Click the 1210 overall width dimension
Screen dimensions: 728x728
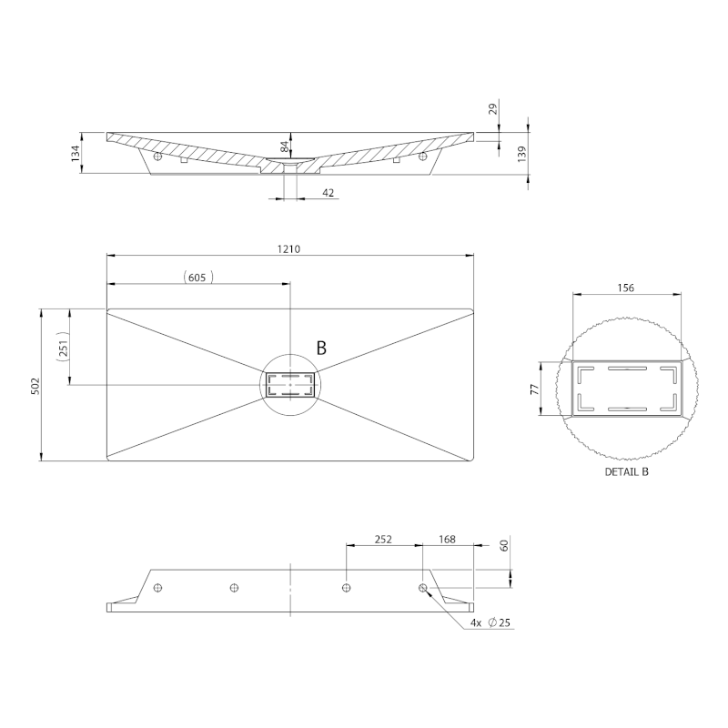click(x=288, y=248)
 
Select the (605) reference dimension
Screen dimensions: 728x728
click(x=197, y=278)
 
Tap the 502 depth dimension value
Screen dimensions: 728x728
click(x=35, y=386)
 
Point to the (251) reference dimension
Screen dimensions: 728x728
click(x=63, y=347)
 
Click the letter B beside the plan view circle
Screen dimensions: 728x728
click(x=321, y=348)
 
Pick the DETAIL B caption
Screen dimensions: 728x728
click(x=626, y=471)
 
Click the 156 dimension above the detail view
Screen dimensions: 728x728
click(x=626, y=288)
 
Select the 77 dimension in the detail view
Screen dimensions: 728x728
click(x=535, y=389)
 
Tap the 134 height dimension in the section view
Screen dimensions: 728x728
click(x=76, y=153)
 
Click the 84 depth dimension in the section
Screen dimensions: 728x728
click(x=285, y=147)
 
